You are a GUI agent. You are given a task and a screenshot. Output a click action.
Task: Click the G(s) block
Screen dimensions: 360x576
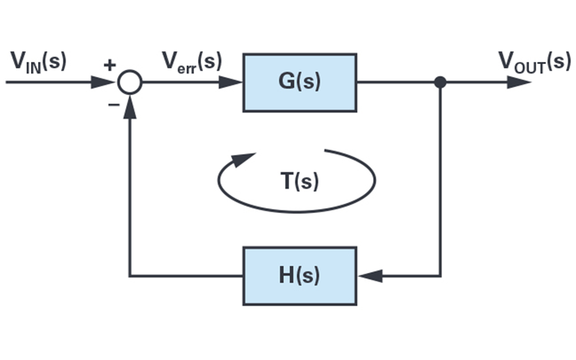(300, 82)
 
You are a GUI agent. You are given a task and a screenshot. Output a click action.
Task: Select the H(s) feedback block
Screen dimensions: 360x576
(300, 276)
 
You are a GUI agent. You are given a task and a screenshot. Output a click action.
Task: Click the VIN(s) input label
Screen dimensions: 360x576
(37, 62)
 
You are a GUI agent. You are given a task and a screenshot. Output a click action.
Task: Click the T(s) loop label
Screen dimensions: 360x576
(300, 181)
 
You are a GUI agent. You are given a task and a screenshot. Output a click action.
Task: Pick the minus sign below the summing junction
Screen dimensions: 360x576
(113, 104)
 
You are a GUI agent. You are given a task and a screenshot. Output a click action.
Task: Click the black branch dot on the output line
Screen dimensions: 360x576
(441, 83)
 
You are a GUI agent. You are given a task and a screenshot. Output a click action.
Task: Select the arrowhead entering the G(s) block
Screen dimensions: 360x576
(232, 83)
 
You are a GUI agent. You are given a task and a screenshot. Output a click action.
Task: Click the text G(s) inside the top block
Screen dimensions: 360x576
(300, 82)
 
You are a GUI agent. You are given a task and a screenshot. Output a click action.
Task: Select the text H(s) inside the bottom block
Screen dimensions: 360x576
(300, 276)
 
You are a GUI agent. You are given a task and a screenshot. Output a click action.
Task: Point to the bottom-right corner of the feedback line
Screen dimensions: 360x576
(441, 276)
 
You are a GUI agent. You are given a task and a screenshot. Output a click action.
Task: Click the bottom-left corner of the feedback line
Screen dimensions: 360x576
(130, 276)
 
